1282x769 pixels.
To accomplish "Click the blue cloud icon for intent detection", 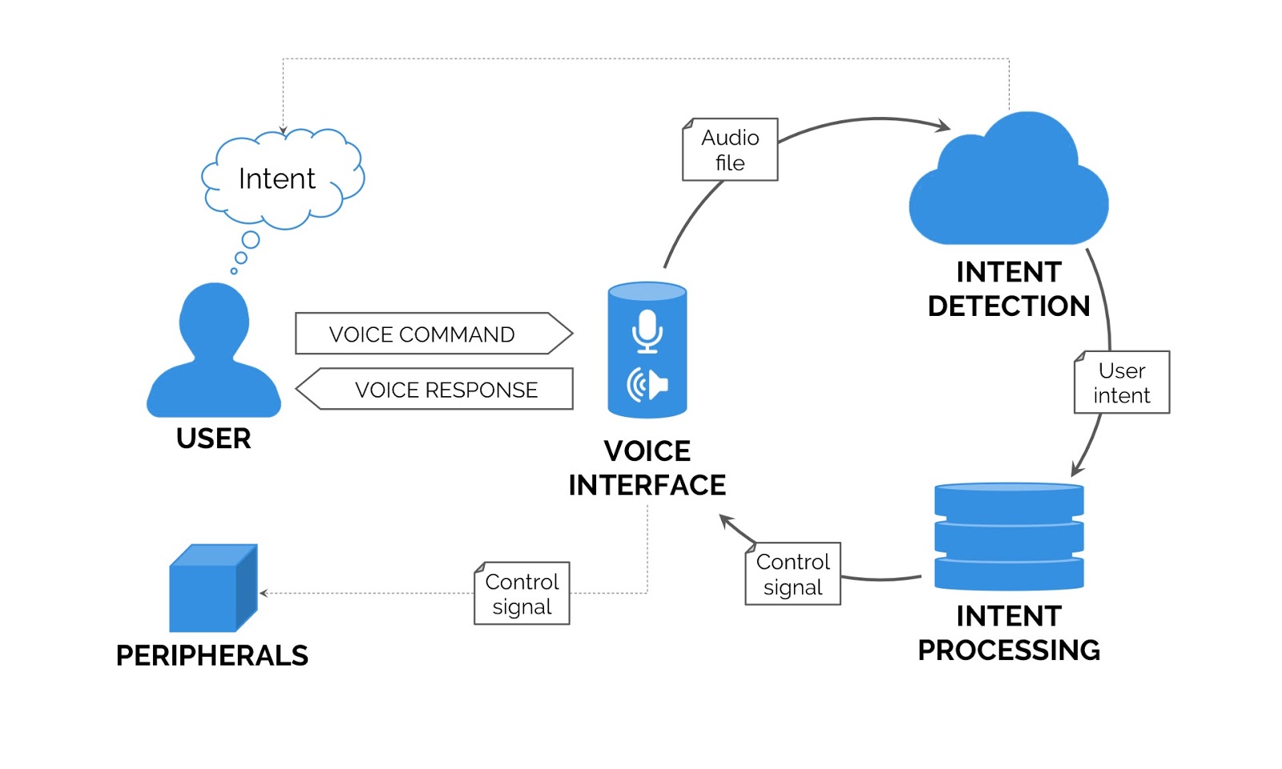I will pyautogui.click(x=1008, y=184).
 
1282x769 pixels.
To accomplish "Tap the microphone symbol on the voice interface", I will pyautogui.click(x=647, y=330).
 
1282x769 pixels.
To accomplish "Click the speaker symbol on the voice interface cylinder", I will pyautogui.click(x=647, y=385).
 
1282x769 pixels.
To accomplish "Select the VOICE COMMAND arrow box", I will pyautogui.click(x=433, y=334).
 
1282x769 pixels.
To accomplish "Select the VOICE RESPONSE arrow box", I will pyautogui.click(x=437, y=390).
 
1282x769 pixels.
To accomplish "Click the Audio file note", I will pyautogui.click(x=730, y=150).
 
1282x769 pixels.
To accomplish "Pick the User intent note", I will pyautogui.click(x=1121, y=382).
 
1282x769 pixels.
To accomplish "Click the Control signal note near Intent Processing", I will pyautogui.click(x=792, y=574).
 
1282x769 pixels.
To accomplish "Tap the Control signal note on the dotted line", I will pyautogui.click(x=522, y=593).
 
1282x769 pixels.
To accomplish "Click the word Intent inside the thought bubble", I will pyautogui.click(x=276, y=179).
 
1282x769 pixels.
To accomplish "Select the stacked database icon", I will pyautogui.click(x=1009, y=536).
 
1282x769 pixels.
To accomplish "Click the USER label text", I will pyautogui.click(x=213, y=439).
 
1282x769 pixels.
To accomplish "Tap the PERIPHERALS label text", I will pyautogui.click(x=212, y=656).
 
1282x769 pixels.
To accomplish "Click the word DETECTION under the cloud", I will pyautogui.click(x=1008, y=306).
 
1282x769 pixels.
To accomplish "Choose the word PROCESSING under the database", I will pyautogui.click(x=1008, y=650).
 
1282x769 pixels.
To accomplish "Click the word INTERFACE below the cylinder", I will pyautogui.click(x=647, y=485).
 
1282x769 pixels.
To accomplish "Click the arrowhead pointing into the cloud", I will pyautogui.click(x=945, y=126).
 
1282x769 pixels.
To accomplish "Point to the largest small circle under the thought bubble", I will pyautogui.click(x=251, y=240).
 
